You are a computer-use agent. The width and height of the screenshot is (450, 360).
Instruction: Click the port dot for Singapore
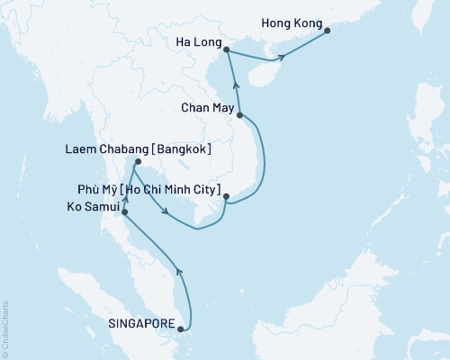click(x=186, y=328)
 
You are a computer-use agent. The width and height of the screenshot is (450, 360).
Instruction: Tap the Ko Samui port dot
click(x=122, y=213)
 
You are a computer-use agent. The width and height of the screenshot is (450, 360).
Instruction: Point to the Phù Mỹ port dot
click(x=226, y=196)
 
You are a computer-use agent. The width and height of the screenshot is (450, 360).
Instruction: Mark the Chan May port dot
click(x=240, y=115)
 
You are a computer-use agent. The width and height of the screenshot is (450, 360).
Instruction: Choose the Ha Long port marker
click(x=225, y=50)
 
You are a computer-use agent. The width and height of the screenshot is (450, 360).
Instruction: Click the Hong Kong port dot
click(x=327, y=31)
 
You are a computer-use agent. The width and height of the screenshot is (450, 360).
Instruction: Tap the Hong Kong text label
click(x=287, y=17)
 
